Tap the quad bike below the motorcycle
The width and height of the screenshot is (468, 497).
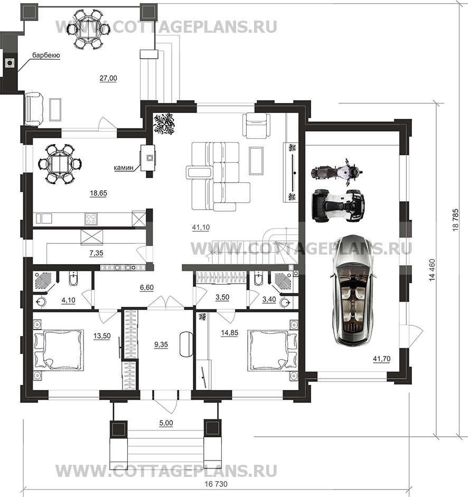[x=338, y=205]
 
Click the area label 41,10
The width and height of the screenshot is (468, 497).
[x=201, y=227]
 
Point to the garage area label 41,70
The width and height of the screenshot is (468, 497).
[x=381, y=359]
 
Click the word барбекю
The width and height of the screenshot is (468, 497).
[x=46, y=55]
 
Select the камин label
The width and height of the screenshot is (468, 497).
[x=124, y=167]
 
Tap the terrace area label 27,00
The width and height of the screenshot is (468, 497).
[x=108, y=78]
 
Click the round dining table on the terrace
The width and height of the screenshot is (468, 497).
[x=88, y=30]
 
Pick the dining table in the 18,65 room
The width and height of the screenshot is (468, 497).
[x=60, y=164]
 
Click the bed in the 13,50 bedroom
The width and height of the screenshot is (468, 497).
[x=59, y=350]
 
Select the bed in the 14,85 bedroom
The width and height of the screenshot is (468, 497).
[x=273, y=350]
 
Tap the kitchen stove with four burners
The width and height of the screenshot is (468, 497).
[x=91, y=219]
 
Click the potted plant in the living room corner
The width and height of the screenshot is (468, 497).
[x=164, y=124]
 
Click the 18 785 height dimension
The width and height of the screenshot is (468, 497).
[x=455, y=219]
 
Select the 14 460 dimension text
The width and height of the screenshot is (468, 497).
[x=432, y=270]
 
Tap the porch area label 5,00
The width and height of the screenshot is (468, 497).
[x=166, y=423]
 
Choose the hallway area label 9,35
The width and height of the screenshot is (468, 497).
[x=161, y=344]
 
